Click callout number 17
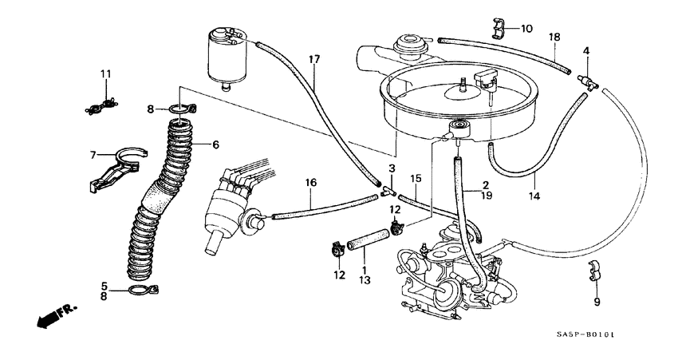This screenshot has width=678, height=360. pyautogui.click(x=314, y=60)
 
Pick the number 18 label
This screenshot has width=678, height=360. pyautogui.click(x=554, y=37)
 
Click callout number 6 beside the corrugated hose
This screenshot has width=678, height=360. pyautogui.click(x=215, y=144)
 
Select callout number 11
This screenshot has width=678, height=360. pyautogui.click(x=104, y=74)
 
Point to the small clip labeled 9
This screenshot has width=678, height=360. pyautogui.click(x=593, y=271)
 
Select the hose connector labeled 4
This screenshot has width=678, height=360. pyautogui.click(x=589, y=79)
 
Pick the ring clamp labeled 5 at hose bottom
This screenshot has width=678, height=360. pyautogui.click(x=141, y=290)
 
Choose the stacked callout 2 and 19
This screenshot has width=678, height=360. pyautogui.click(x=484, y=189)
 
